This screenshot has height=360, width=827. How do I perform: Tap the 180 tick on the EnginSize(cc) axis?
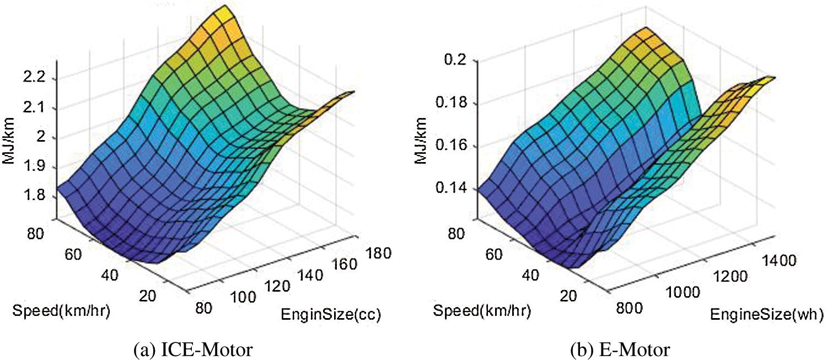377,254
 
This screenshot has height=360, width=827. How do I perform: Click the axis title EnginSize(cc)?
331,315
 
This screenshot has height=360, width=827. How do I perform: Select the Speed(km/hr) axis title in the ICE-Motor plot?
61,310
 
